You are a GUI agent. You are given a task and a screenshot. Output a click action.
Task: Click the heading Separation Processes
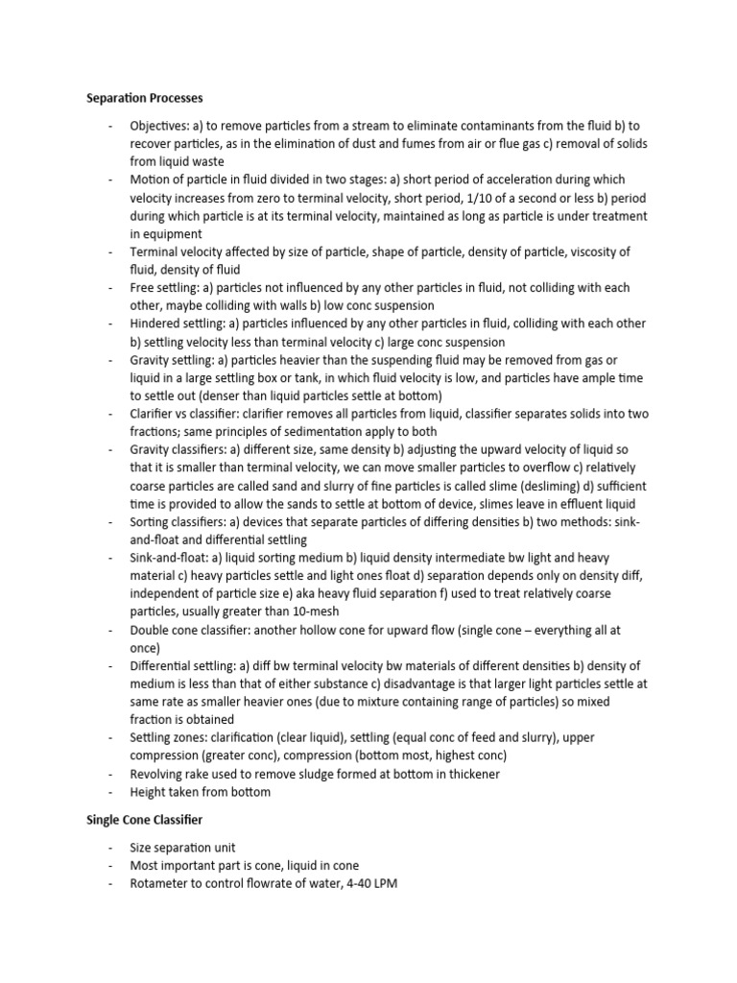click(145, 98)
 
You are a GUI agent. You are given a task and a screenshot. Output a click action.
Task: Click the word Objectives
click(160, 126)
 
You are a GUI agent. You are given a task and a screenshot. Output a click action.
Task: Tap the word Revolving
click(158, 774)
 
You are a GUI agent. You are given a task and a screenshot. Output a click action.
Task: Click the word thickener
click(470, 774)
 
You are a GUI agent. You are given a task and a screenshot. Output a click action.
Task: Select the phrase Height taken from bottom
click(200, 792)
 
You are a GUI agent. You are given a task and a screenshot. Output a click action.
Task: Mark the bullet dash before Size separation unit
click(112, 849)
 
